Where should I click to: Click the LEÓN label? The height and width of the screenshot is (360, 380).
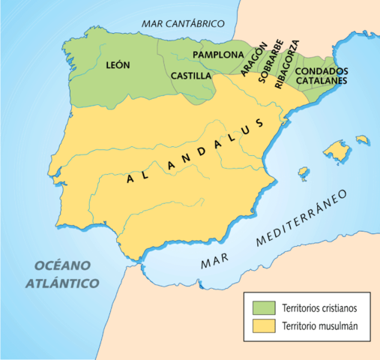(118, 64)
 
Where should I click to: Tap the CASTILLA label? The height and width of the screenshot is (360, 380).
(190, 76)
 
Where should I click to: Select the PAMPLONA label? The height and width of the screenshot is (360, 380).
(218, 55)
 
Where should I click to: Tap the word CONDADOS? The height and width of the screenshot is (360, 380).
(320, 70)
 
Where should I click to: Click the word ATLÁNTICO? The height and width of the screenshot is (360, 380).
(61, 283)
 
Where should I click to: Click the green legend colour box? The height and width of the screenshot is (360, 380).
(262, 307)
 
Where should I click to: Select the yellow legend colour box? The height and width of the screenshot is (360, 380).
(262, 326)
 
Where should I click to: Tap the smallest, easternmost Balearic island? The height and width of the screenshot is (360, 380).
(363, 139)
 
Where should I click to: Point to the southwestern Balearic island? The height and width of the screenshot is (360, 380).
(303, 173)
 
